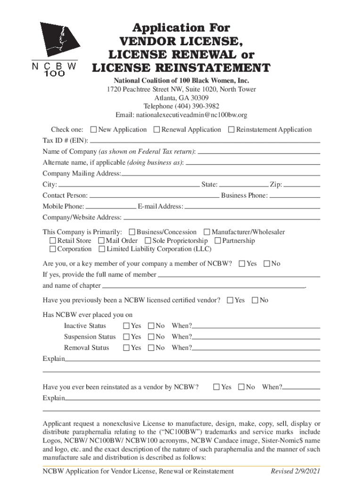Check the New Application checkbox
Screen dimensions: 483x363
93,130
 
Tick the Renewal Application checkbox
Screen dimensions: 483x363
157,130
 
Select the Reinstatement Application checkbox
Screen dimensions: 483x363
231,130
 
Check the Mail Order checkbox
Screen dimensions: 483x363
102,241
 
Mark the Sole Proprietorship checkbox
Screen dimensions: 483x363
148,241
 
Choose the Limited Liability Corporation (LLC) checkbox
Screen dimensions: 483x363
102,249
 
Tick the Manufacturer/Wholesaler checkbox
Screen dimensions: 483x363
207,232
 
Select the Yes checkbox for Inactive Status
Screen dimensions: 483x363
126,326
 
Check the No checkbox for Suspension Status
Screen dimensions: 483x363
151,337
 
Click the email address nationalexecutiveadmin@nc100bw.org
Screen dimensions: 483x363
181,115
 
